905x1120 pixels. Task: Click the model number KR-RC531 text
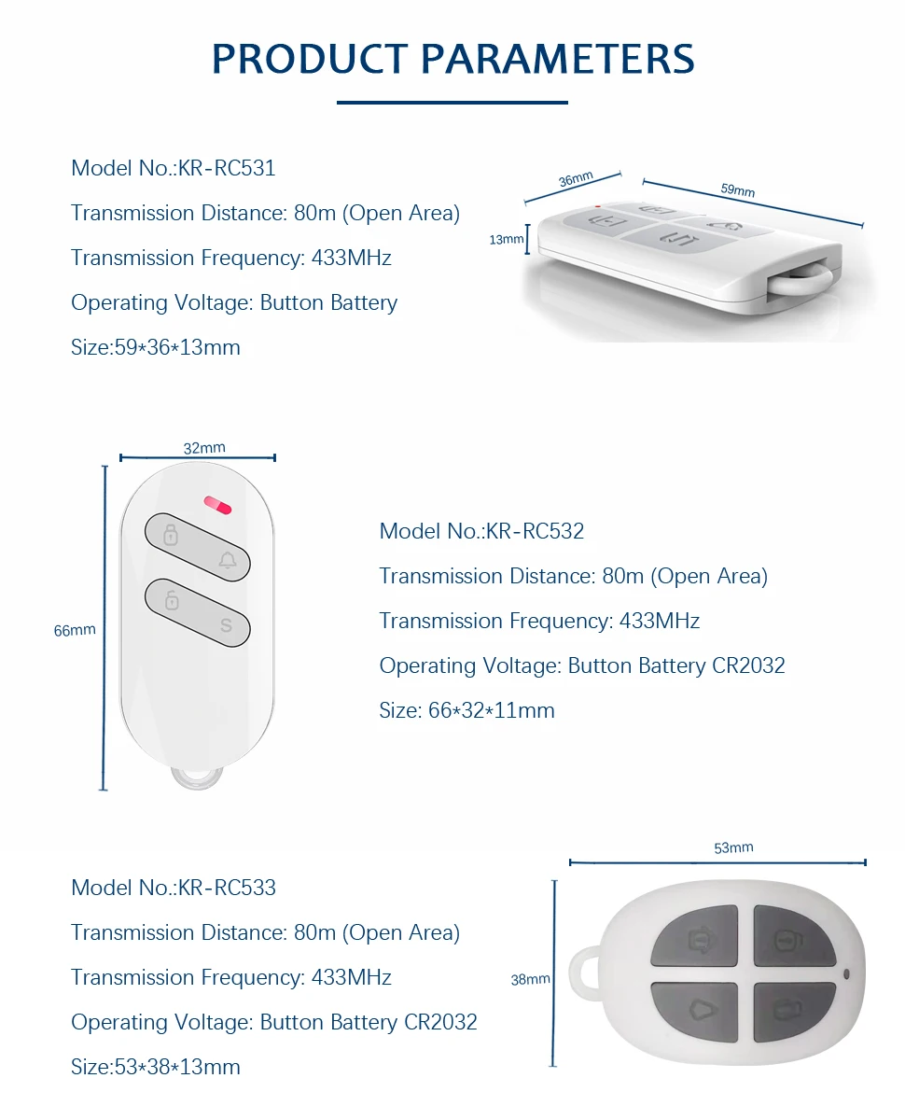coord(227,168)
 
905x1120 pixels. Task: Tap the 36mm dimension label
coord(576,180)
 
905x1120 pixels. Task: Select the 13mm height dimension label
coord(507,240)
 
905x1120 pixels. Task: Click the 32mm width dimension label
coord(203,448)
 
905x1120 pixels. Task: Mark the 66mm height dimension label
coord(75,630)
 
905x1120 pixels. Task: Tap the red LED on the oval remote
coord(217,505)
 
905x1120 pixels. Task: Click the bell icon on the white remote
coord(227,561)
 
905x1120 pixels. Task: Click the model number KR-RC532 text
coord(535,531)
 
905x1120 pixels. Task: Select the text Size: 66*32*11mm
coord(466,710)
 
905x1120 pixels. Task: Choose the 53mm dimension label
coord(733,847)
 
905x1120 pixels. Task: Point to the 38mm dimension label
coord(530,979)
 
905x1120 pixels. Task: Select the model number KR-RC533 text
coord(227,887)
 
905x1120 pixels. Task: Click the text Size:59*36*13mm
coord(156,347)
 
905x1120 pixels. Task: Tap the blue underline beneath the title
coord(452,103)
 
